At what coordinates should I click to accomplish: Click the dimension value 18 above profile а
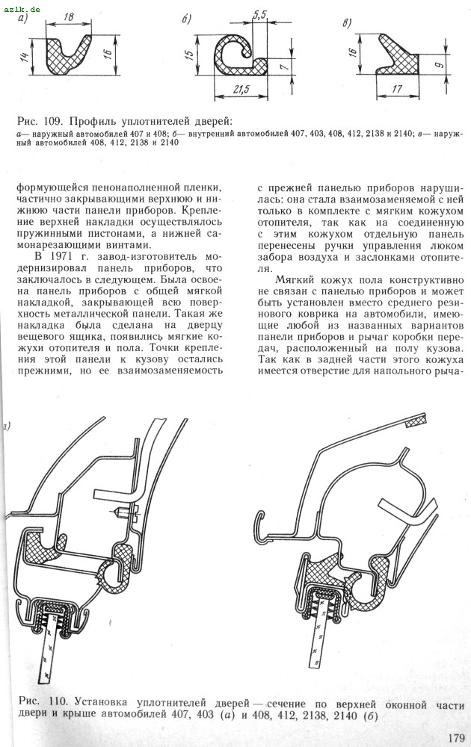68,16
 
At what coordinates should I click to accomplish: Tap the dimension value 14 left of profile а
24,58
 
